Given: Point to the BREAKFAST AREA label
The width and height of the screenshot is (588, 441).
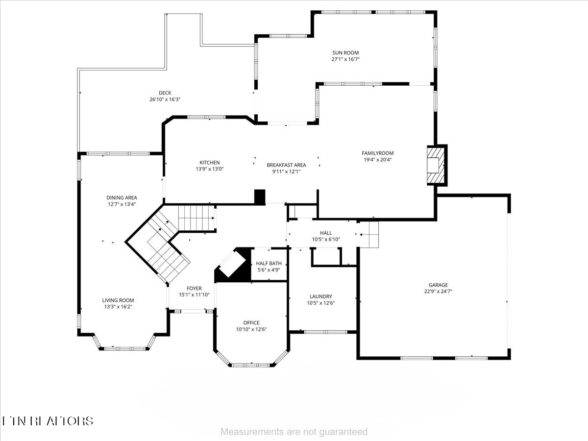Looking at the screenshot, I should [286, 165].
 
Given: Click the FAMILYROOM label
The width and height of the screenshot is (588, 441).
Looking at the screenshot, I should [377, 153].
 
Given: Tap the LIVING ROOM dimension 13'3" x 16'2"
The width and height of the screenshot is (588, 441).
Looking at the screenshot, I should [118, 307].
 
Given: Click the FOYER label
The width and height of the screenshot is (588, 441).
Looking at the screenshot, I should [194, 289].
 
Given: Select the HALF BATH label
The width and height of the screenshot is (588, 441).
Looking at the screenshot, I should [269, 264].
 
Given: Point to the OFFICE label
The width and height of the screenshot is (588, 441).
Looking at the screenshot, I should [251, 323].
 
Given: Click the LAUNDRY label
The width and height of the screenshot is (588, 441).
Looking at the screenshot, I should [321, 296].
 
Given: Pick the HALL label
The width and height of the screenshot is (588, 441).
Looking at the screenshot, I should [326, 233].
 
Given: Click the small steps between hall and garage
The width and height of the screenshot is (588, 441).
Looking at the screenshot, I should [369, 234].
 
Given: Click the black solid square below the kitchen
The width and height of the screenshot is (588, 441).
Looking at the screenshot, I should [260, 196].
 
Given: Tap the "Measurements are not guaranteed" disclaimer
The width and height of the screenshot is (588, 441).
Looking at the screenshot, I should [294, 432].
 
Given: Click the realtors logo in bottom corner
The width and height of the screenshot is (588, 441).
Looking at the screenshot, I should [48, 420].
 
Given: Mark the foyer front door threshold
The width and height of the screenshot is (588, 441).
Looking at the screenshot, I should [192, 311].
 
